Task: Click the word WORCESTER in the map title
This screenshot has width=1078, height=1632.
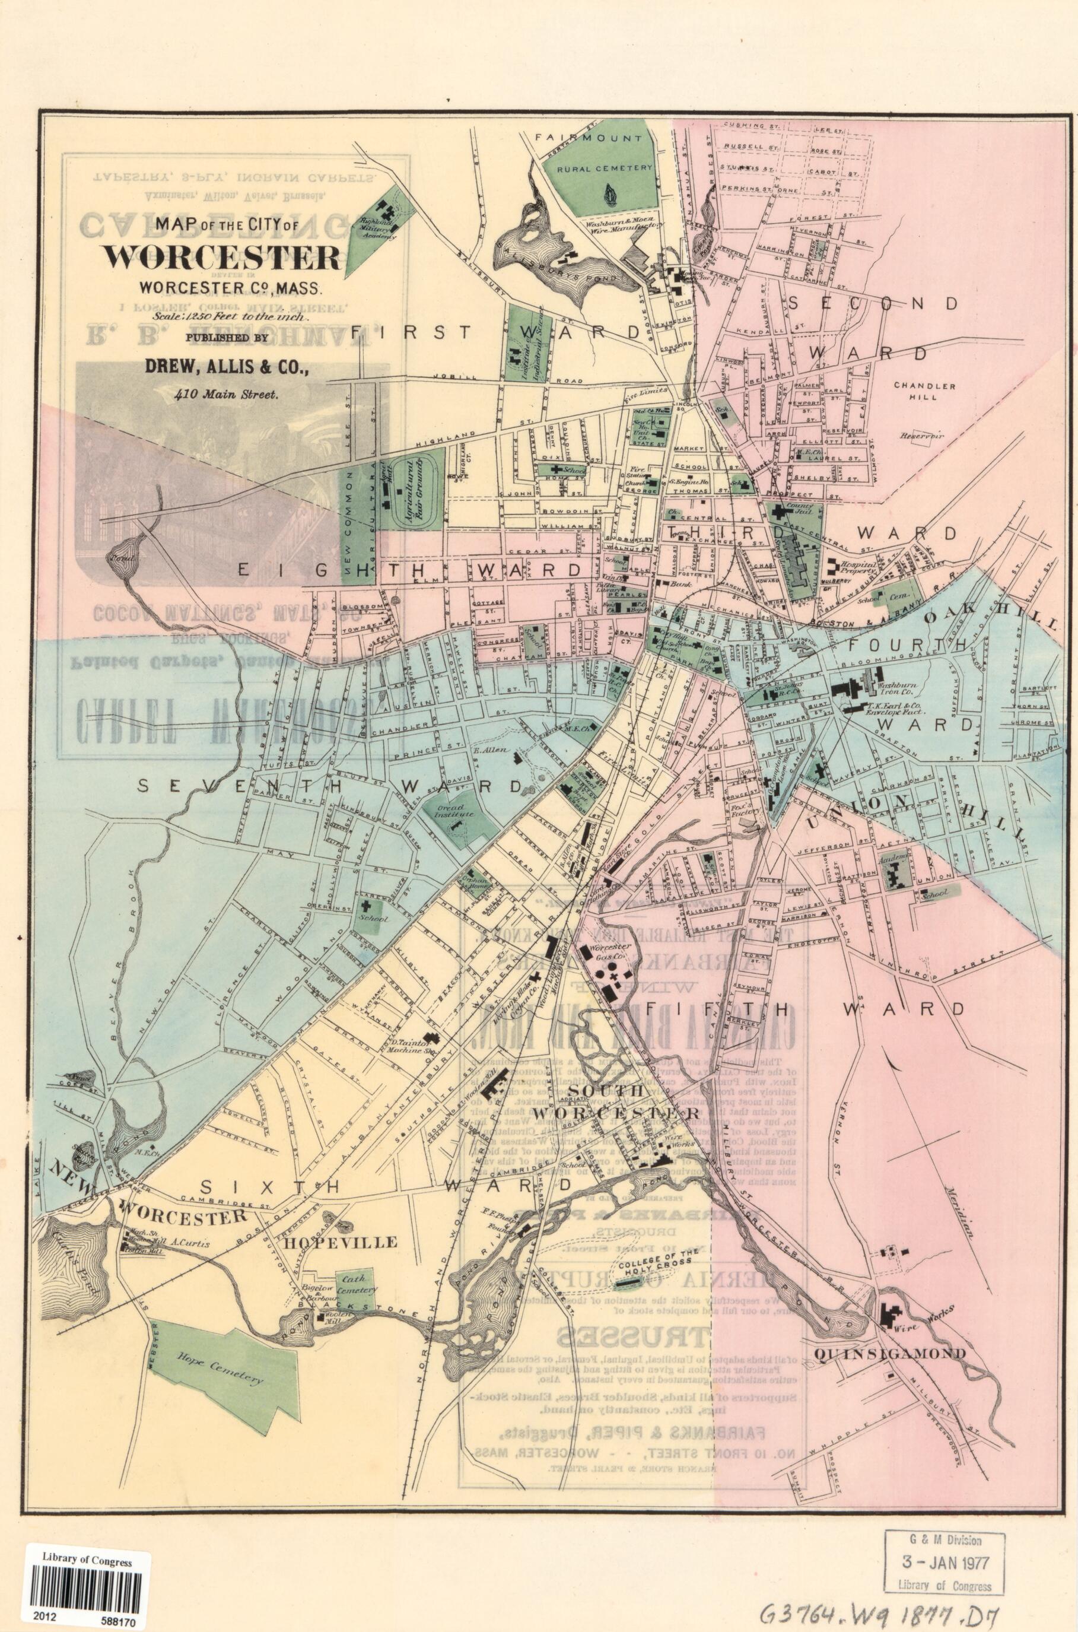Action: coord(221,257)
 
